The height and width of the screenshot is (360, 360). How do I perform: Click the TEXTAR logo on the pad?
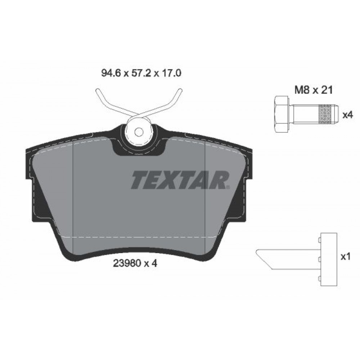pos(180,180)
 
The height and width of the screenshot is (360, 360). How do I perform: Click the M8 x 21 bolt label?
pos(314,90)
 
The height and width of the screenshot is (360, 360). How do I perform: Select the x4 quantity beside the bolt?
pos(347,114)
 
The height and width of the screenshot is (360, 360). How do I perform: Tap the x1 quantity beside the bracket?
pos(346,257)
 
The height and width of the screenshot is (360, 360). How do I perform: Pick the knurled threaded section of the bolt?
pos(325,114)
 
